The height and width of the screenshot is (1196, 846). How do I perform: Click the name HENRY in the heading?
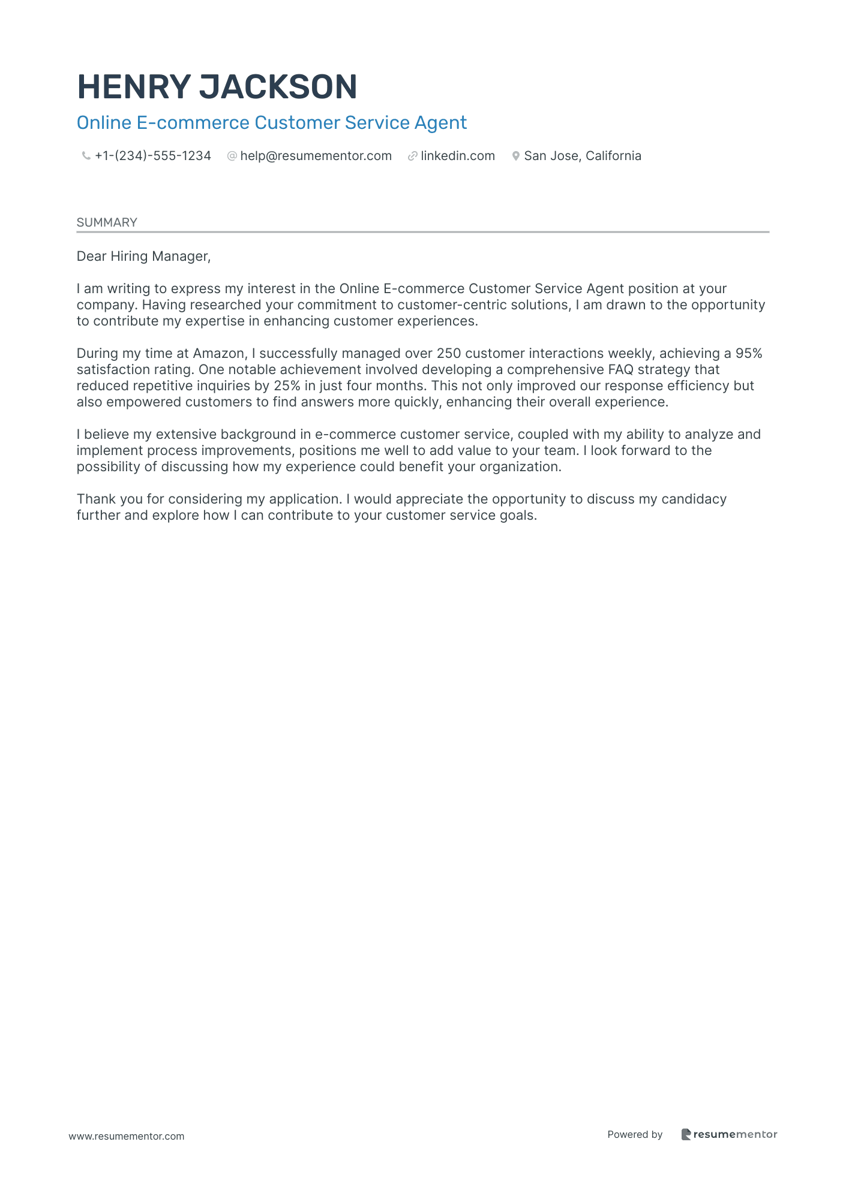click(134, 87)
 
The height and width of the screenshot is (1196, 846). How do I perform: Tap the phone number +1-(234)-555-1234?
click(153, 156)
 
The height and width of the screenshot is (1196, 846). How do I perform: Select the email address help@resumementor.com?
click(316, 156)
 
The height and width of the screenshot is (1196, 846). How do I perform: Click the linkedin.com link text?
click(458, 156)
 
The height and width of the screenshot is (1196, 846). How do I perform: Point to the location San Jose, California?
click(583, 156)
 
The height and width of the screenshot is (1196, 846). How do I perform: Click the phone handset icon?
click(86, 156)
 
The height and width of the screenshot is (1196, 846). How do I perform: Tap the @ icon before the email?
click(232, 156)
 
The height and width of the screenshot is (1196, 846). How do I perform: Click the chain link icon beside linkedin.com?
click(412, 156)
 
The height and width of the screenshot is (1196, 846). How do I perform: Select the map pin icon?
click(515, 156)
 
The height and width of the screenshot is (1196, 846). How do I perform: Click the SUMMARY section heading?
click(107, 222)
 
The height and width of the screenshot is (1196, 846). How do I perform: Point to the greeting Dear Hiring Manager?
click(143, 257)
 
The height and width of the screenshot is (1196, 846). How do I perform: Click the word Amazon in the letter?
click(218, 354)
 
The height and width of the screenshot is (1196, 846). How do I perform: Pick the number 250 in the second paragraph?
click(449, 354)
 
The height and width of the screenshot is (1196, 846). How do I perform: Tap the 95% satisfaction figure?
click(749, 354)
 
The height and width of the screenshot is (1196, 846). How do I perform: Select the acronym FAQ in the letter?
click(620, 370)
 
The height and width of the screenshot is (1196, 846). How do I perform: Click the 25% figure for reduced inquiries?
click(287, 386)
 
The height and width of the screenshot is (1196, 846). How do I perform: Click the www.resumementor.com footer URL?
click(127, 1137)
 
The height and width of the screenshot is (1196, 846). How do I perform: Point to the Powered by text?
click(635, 1135)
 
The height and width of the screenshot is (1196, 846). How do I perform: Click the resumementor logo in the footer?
click(729, 1135)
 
